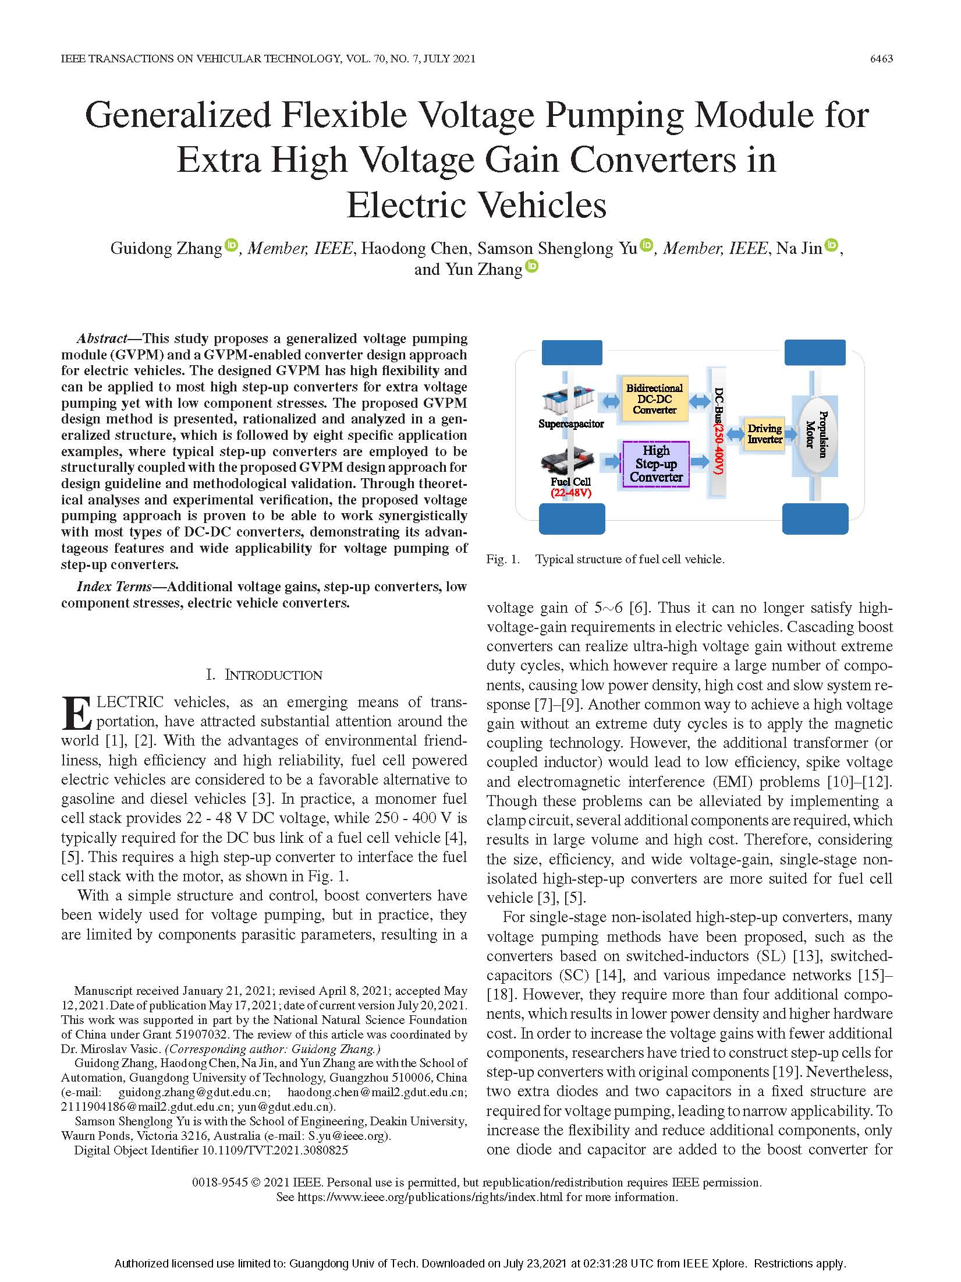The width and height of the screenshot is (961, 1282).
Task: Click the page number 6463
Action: [881, 59]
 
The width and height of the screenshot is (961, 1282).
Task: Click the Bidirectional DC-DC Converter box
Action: [654, 399]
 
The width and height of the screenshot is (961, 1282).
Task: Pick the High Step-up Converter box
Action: [656, 464]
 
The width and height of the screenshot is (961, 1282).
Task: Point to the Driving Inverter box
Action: [764, 434]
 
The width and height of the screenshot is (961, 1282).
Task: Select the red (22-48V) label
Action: [571, 493]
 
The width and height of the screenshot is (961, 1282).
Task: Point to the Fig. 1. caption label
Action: [503, 559]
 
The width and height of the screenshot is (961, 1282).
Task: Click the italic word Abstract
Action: [102, 338]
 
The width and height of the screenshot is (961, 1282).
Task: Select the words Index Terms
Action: [114, 587]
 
